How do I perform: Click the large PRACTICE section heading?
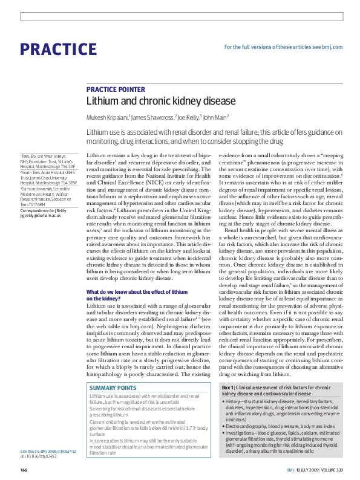click(58, 49)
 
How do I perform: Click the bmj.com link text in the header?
click(330, 47)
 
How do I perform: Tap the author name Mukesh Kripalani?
click(107, 118)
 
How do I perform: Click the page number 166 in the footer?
click(24, 469)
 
